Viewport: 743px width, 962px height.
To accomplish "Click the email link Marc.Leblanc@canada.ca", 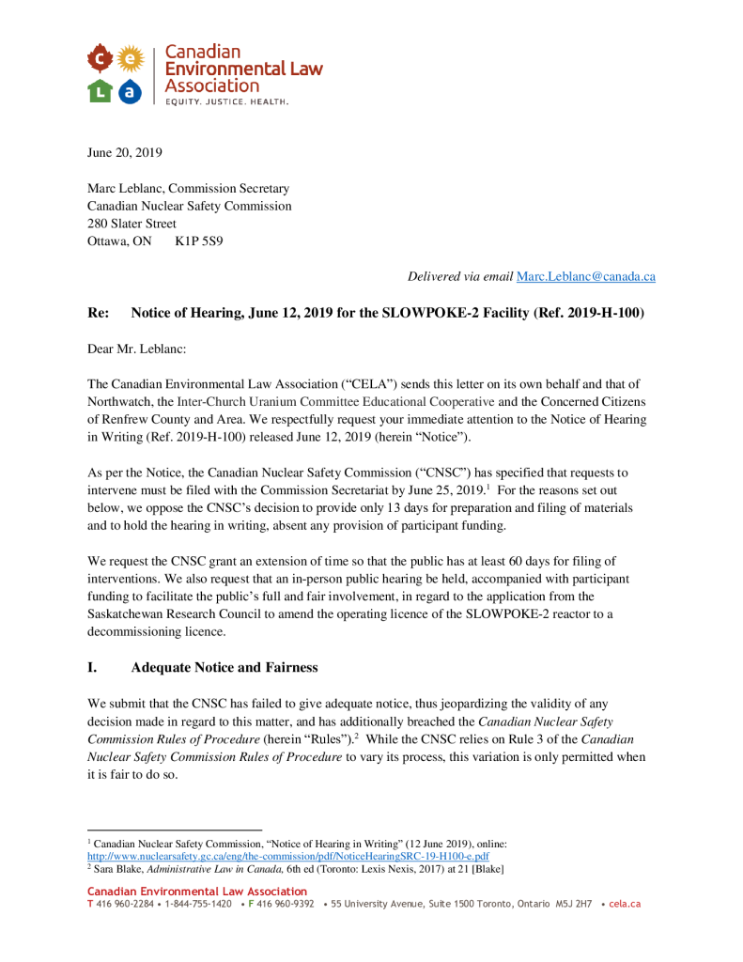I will pos(585,276).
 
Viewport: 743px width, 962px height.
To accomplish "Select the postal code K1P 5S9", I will pos(199,240).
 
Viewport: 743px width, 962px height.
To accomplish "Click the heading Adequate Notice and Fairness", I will pos(224,667).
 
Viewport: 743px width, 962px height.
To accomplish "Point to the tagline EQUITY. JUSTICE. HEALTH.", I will pos(226,101).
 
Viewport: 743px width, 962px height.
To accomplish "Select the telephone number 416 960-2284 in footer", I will pos(124,904).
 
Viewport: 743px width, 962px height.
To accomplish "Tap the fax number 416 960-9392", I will pos(285,904).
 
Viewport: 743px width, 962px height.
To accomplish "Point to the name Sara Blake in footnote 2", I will pos(118,870).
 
